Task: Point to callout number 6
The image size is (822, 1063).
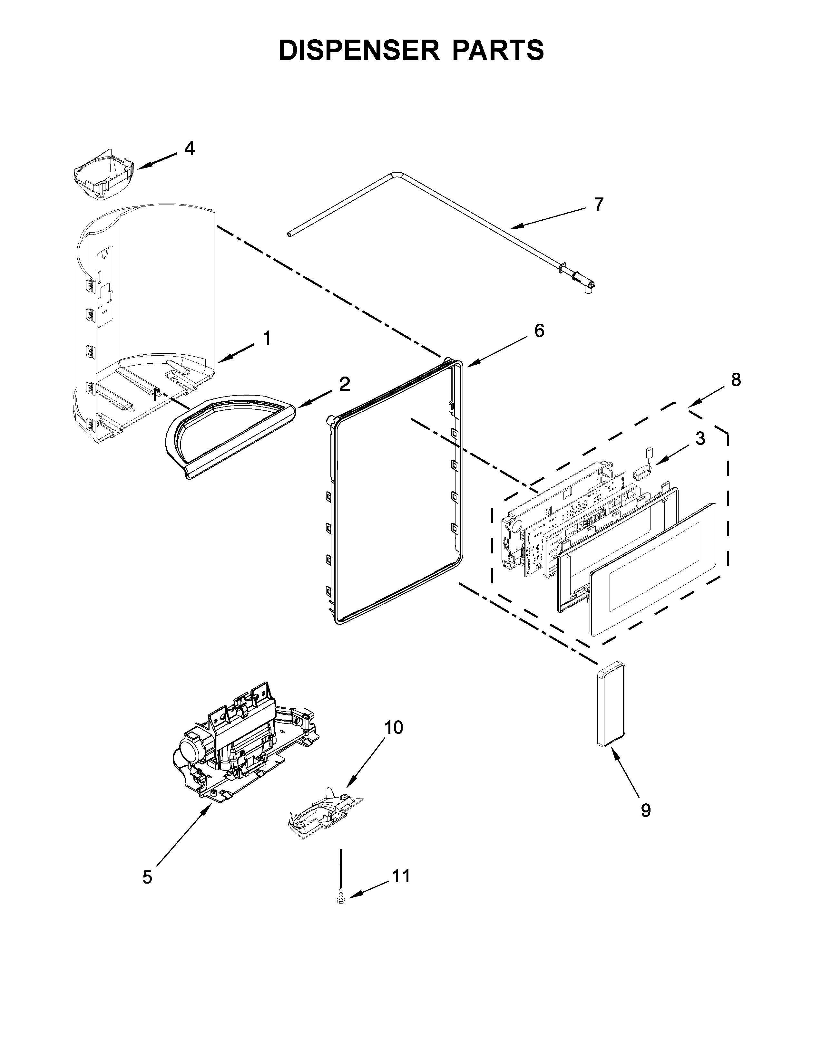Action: pos(539,330)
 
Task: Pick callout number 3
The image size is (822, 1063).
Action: pos(700,438)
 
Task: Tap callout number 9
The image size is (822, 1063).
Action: pos(645,810)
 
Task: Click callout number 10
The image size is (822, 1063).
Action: pos(394,741)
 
